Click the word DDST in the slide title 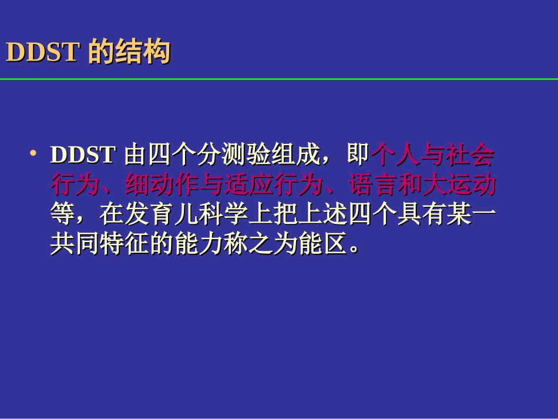pyautogui.click(x=42, y=53)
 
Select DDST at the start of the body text pyautogui.click(x=82, y=155)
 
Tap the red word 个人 pyautogui.click(x=396, y=155)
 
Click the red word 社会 pyautogui.click(x=470, y=155)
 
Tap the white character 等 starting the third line pyautogui.click(x=62, y=216)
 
